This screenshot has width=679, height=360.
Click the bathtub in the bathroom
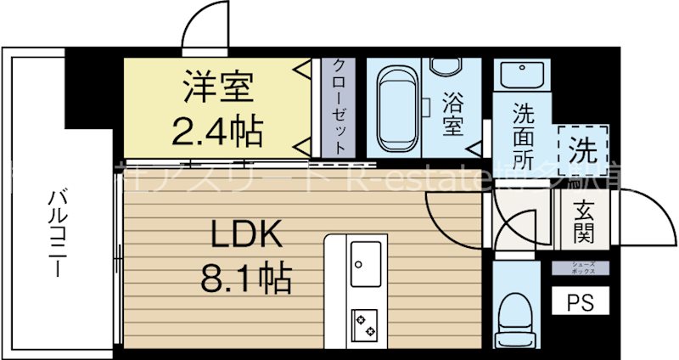pos(398,107)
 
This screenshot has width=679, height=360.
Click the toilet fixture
pos(518,315)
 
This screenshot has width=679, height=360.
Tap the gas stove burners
pos(367,324)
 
